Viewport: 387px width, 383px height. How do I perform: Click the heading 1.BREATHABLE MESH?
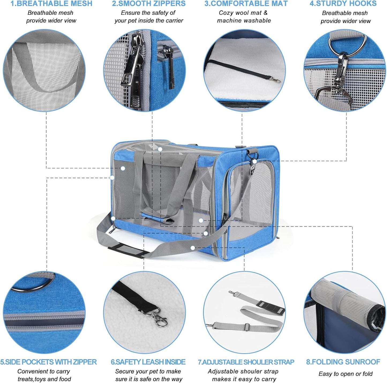51,4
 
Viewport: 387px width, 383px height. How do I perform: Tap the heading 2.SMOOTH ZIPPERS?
149,4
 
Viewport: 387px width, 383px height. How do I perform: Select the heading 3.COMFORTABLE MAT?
246,4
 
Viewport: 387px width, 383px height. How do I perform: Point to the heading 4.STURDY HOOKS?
343,4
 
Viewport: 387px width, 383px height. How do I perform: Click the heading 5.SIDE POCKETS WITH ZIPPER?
48,362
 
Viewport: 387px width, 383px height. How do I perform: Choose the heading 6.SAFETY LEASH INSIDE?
148,362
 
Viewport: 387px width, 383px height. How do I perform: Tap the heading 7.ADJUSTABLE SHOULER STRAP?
246,362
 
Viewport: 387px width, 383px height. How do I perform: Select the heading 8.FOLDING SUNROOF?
343,362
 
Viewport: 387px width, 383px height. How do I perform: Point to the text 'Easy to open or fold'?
345,374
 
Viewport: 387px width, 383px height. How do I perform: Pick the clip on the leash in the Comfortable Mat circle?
275,80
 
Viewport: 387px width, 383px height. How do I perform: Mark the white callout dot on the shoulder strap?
193,248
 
